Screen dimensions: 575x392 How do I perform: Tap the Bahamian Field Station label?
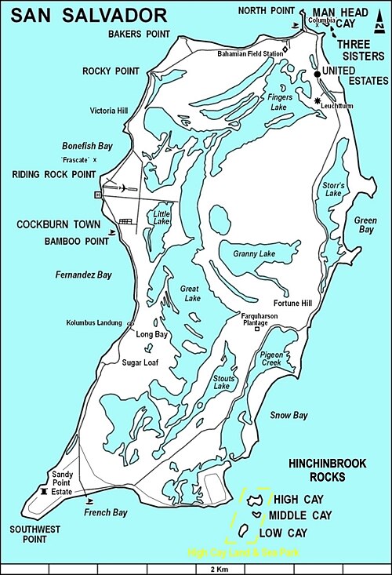[x=251, y=54]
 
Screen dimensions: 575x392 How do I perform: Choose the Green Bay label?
[x=365, y=225]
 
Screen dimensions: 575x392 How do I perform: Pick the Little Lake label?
[x=162, y=217]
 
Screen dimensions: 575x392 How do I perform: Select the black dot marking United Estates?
[x=318, y=74]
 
